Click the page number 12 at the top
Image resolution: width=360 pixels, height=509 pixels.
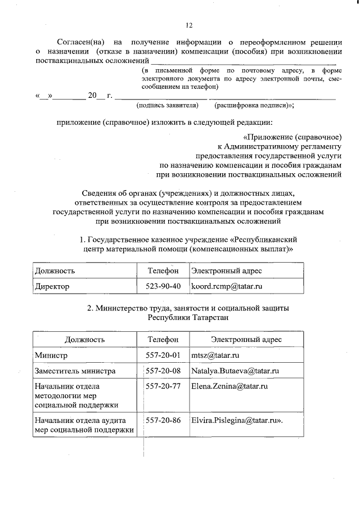(x=189, y=25)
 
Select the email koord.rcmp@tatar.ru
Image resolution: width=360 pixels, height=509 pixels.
(x=227, y=286)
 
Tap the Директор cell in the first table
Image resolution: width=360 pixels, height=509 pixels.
(x=52, y=286)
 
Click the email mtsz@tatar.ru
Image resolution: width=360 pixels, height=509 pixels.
(x=216, y=355)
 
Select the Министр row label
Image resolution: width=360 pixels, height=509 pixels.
(x=51, y=355)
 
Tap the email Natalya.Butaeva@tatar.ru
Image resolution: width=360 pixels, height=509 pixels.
(x=236, y=371)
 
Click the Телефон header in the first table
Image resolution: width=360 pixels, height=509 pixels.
(x=163, y=271)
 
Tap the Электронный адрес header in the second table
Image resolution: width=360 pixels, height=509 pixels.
(x=246, y=340)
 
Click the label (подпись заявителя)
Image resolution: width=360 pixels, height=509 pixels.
(x=168, y=105)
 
